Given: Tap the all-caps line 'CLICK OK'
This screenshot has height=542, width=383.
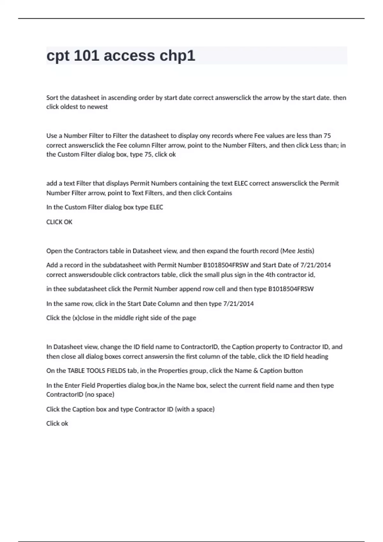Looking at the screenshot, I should pyautogui.click(x=59, y=222).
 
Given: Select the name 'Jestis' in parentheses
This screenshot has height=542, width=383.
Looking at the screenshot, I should pyautogui.click(x=305, y=251).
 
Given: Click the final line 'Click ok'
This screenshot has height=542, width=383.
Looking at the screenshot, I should pyautogui.click(x=57, y=423).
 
